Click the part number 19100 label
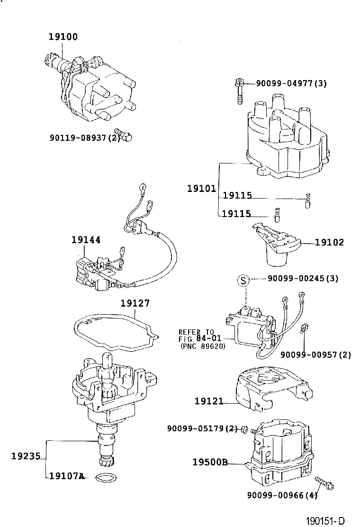tap(63, 36)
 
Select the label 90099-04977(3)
tap(291, 83)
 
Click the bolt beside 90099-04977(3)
tap(239, 91)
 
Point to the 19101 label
tap(201, 189)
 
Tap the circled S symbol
tap(244, 280)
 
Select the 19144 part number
tap(86, 240)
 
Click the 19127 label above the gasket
tap(135, 303)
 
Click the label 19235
tap(26, 456)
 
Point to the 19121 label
tap(209, 401)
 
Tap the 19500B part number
tap(210, 462)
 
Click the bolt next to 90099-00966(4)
tap(324, 483)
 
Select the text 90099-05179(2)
tap(202, 428)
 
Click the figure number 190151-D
tap(325, 521)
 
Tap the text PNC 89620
tap(203, 346)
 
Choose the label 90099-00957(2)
tap(315, 354)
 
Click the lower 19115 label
tap(236, 213)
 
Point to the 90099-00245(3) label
tap(303, 278)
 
